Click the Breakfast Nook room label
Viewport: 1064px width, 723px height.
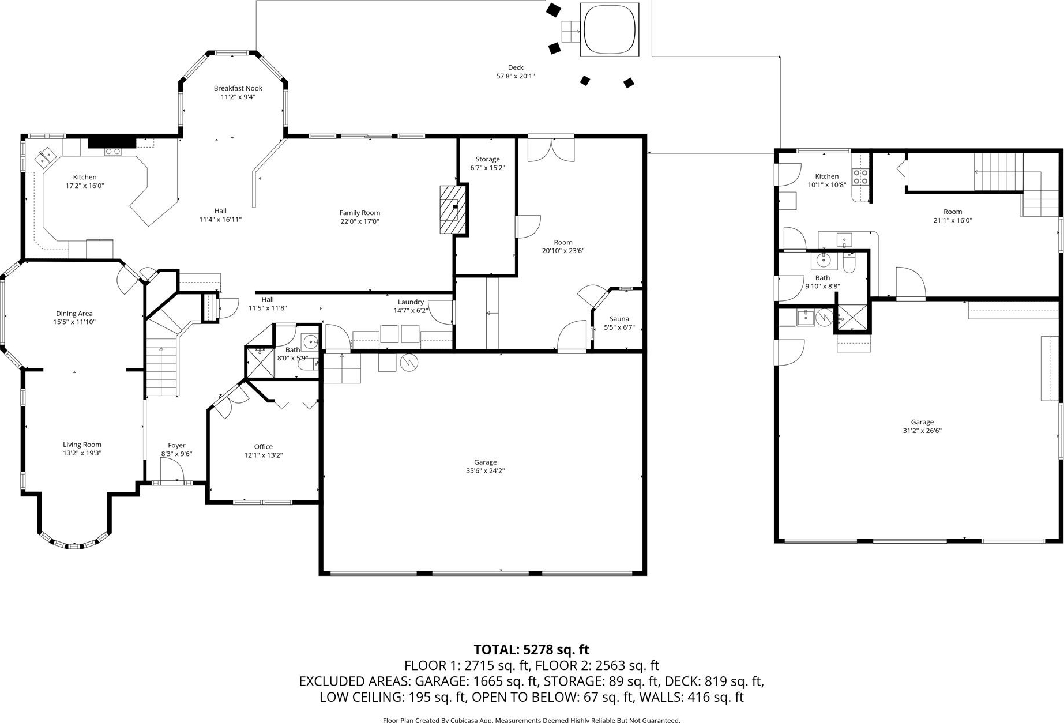[238, 88]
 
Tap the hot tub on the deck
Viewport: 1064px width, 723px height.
[610, 29]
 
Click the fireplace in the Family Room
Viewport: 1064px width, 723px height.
[453, 209]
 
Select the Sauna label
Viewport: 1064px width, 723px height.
[619, 319]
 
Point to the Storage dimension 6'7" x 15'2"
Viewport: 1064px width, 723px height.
[488, 168]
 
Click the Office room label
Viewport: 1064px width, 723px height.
[264, 446]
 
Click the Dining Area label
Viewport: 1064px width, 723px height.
[74, 314]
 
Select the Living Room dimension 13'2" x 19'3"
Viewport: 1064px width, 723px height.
[82, 453]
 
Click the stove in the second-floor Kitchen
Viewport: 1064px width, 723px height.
[860, 176]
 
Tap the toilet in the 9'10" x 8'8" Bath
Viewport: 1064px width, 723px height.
[849, 263]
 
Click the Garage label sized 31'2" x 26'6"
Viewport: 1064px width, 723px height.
[922, 422]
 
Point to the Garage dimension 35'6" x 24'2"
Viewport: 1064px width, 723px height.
[486, 470]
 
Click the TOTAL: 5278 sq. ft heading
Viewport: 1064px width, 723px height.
[532, 650]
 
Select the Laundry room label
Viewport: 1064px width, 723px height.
[411, 302]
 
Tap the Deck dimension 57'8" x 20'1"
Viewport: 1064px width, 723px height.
[516, 76]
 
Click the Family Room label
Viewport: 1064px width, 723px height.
[360, 213]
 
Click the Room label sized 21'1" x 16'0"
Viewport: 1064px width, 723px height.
[953, 212]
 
